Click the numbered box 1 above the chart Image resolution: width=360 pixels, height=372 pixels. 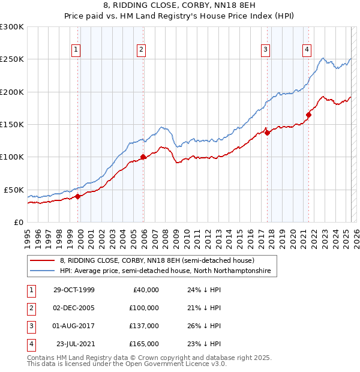click(x=77, y=50)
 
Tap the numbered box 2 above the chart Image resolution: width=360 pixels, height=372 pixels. click(x=141, y=50)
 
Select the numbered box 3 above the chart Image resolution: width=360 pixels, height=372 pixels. click(x=265, y=50)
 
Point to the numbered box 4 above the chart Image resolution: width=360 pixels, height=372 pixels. click(x=307, y=50)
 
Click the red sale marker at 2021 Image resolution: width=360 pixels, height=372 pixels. click(x=308, y=115)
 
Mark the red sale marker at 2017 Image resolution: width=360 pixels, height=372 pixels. click(x=267, y=133)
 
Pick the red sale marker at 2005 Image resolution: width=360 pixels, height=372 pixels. click(x=143, y=157)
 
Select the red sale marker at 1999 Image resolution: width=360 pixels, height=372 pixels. click(x=78, y=196)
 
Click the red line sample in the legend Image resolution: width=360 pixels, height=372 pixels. click(x=43, y=261)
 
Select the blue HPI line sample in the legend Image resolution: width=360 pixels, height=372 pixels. click(x=43, y=271)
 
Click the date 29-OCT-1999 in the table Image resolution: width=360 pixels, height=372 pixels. click(x=74, y=290)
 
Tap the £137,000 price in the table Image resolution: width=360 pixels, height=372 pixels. click(x=144, y=326)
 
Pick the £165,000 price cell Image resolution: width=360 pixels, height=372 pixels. click(x=144, y=344)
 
